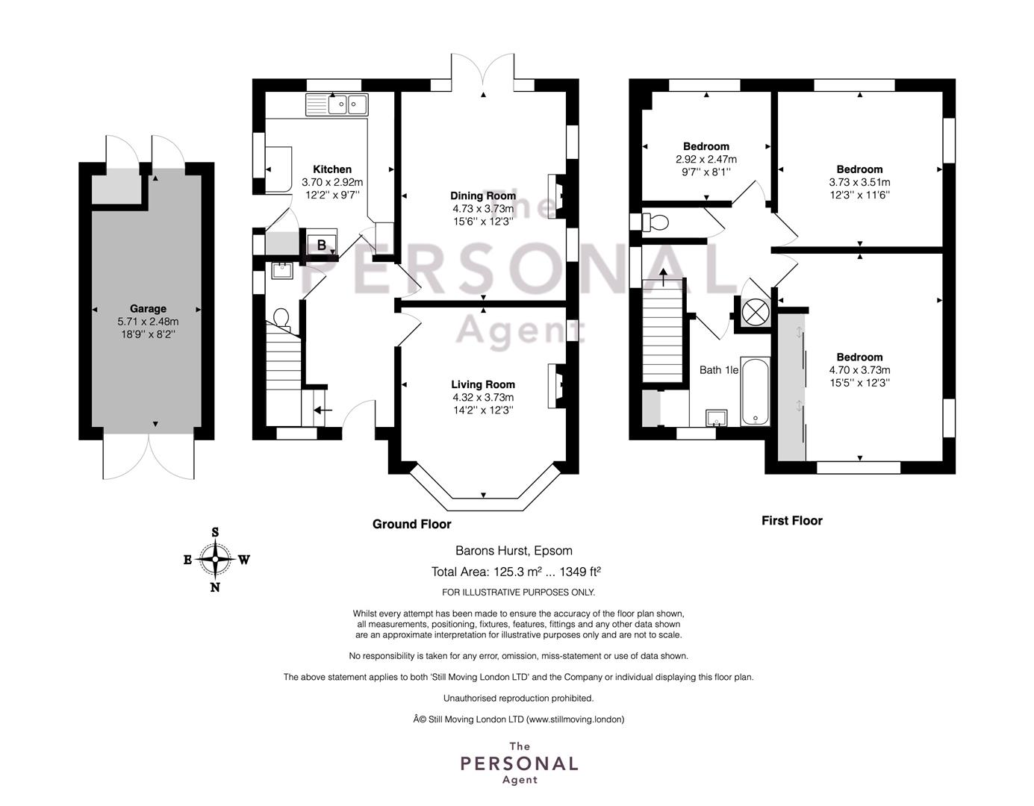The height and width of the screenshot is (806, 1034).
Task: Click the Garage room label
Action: [148, 309]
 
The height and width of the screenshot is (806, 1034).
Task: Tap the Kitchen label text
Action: [332, 169]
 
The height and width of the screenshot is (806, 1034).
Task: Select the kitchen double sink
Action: [337, 104]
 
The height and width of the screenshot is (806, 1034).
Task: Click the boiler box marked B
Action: [322, 245]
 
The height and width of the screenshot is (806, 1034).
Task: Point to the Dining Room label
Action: [483, 196]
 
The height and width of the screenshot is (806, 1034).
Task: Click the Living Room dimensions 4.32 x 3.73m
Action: [483, 397]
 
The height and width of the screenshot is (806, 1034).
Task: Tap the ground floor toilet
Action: [281, 319]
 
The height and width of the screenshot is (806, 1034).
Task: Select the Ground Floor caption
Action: [411, 524]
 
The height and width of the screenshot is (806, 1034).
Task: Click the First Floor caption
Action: [792, 521]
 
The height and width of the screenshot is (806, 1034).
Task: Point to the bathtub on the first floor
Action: [755, 392]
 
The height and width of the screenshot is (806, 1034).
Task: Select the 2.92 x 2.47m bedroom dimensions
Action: [706, 159]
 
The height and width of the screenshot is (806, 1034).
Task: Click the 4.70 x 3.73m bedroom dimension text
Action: [859, 370]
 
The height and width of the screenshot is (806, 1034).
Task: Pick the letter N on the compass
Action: [215, 587]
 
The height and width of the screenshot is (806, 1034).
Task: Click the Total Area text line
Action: [516, 571]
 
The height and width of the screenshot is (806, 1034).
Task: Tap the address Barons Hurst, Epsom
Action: [514, 551]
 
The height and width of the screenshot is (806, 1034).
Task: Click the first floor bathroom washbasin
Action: [717, 417]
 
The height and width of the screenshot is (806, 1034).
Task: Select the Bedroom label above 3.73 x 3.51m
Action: [859, 169]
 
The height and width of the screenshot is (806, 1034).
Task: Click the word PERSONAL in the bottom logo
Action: [519, 763]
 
